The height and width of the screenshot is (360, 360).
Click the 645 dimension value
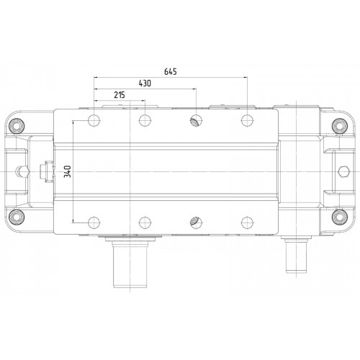coord(171,71)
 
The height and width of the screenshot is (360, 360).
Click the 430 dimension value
coord(145,84)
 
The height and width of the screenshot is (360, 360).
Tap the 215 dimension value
coord(120,95)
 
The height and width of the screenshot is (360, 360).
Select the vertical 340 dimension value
coord(68,171)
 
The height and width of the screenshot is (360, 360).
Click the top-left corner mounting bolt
coord(17,126)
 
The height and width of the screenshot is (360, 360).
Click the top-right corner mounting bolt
coord(340,126)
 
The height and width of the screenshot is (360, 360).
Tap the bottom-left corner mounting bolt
coord(17,217)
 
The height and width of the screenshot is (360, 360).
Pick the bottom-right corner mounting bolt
coord(340,217)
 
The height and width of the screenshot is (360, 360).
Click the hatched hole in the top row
coord(196,120)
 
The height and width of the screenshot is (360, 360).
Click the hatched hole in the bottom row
coord(196,222)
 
